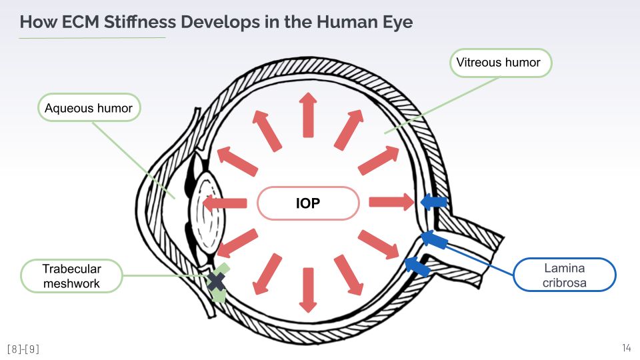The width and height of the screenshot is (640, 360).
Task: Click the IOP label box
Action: (x=308, y=203)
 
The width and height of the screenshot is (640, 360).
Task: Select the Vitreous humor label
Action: (x=499, y=63)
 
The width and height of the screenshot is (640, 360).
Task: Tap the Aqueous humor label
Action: (x=89, y=108)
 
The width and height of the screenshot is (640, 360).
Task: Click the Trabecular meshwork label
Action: (x=72, y=276)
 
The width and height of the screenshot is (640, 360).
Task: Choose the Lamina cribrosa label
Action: (x=564, y=275)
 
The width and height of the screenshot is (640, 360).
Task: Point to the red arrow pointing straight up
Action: (x=307, y=115)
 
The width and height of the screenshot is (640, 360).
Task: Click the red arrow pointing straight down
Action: (x=307, y=290)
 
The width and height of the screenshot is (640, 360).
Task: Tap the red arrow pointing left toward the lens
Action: (x=224, y=202)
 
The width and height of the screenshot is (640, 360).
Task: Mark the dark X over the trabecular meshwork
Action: (x=216, y=282)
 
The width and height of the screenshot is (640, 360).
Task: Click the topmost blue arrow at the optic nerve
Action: (x=433, y=201)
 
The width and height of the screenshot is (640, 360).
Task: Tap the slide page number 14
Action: (x=626, y=348)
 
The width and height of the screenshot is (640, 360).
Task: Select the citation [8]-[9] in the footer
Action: (x=23, y=349)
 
